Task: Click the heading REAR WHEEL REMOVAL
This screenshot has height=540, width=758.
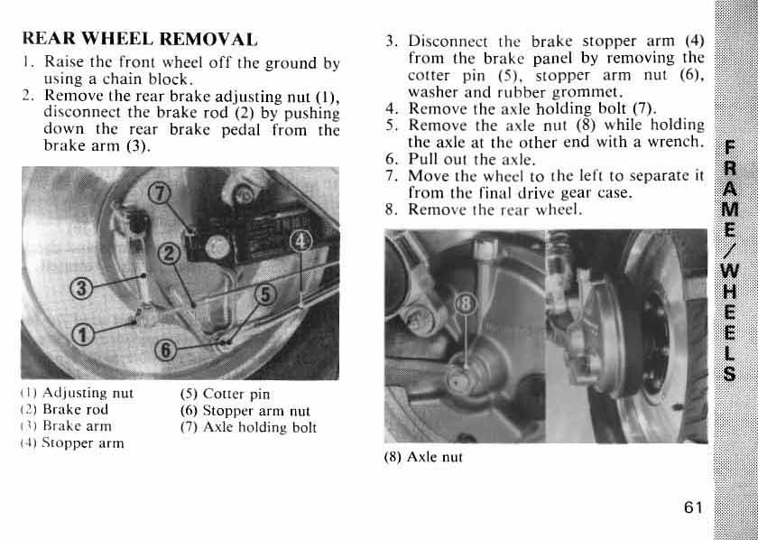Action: coord(139,40)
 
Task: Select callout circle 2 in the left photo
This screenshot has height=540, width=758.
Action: coord(167,254)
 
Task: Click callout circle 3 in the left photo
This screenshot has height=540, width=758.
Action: coord(82,289)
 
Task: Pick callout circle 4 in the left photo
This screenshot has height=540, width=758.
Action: coord(303,240)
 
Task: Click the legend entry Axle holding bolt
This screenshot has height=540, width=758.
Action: coord(250,427)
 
